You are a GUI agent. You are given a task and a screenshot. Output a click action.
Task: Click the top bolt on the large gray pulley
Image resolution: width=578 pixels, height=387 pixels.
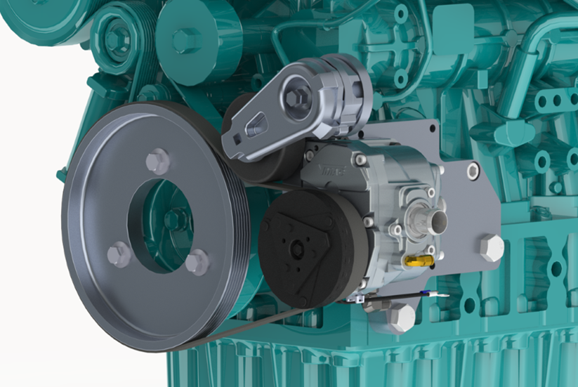pos(158,162)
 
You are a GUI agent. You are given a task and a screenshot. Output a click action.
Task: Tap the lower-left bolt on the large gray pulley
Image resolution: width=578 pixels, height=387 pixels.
pos(119,253)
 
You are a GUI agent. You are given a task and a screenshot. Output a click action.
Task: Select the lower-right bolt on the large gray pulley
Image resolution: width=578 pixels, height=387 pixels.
pos(197,262)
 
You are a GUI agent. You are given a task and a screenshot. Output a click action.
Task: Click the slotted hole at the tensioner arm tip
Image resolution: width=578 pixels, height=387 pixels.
pos(254,129)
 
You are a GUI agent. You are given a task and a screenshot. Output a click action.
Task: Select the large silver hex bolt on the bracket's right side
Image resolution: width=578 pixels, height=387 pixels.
pos(491,248)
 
